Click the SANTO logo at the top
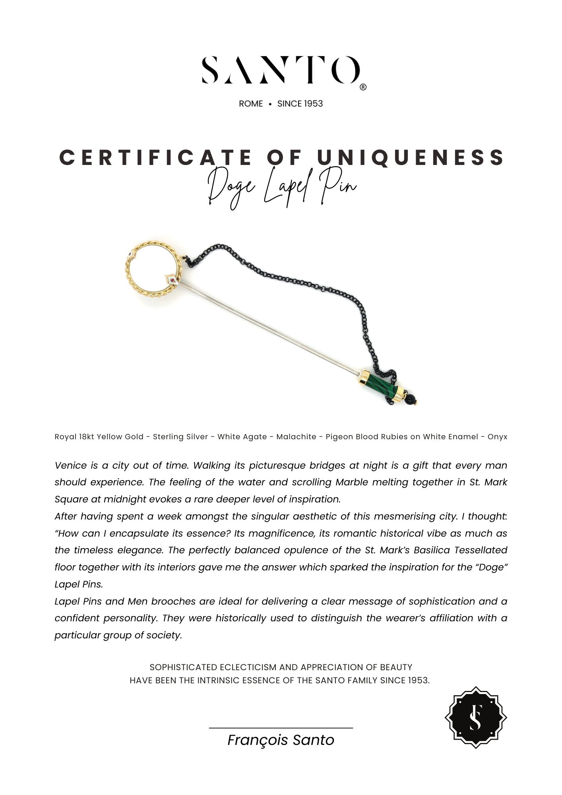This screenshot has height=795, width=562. tap(281, 70)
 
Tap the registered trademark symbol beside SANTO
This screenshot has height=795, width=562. tap(363, 87)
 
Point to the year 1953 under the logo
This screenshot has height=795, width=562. tap(313, 104)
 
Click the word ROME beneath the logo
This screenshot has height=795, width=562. tap(251, 104)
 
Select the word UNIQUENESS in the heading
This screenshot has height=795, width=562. tap(411, 157)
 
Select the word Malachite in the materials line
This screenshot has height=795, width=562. tap(296, 437)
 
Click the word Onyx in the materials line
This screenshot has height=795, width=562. tap(497, 437)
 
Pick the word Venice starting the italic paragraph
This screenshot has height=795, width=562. tap(71, 465)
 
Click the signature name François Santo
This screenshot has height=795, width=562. tap(281, 740)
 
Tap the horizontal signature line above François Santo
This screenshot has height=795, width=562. tap(281, 728)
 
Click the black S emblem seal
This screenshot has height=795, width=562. tap(475, 717)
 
